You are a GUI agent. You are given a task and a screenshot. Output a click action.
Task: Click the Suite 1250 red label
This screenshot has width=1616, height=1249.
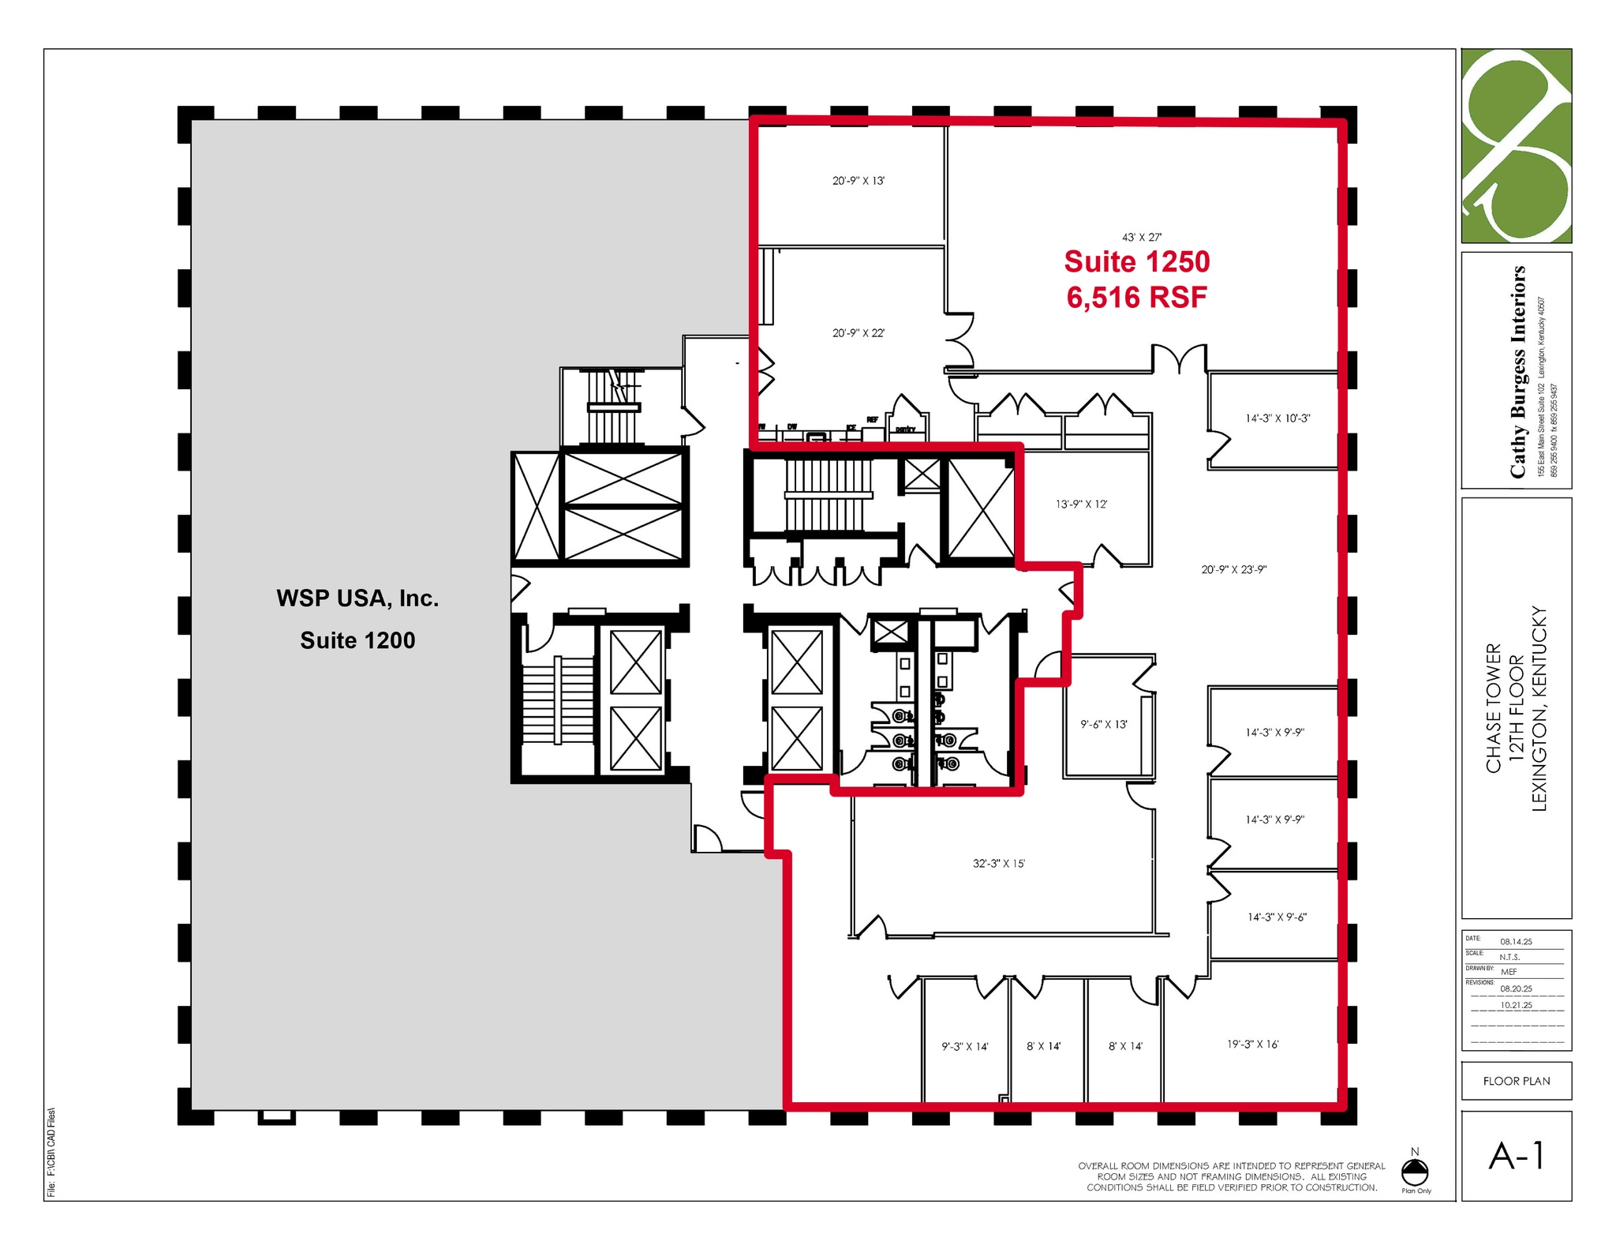pyautogui.click(x=1136, y=262)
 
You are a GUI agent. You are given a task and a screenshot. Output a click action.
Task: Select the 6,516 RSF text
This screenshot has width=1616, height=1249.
pyautogui.click(x=1136, y=298)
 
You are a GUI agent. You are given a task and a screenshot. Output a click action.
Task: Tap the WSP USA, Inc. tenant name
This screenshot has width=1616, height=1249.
pyautogui.click(x=357, y=598)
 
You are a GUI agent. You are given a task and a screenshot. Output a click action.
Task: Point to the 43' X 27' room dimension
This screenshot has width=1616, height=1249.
pyautogui.click(x=1142, y=237)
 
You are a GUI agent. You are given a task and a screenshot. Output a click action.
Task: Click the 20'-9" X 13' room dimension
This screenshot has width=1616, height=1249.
pyautogui.click(x=858, y=181)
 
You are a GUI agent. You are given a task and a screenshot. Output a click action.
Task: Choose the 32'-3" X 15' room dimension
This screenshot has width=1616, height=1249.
pyautogui.click(x=998, y=864)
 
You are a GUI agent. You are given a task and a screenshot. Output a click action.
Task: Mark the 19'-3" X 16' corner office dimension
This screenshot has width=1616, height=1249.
pyautogui.click(x=1252, y=1044)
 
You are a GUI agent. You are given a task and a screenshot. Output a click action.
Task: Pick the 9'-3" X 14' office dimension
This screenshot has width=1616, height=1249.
pyautogui.click(x=964, y=1046)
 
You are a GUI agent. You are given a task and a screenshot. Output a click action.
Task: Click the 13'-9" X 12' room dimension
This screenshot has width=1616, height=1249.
pyautogui.click(x=1081, y=504)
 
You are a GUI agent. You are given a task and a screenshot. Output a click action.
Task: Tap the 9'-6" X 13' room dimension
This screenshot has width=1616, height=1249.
pyautogui.click(x=1104, y=724)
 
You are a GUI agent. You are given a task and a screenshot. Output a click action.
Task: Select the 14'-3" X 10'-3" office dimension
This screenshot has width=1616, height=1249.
pyautogui.click(x=1277, y=418)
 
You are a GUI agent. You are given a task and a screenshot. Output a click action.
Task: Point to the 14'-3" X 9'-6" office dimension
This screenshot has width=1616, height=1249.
pyautogui.click(x=1277, y=917)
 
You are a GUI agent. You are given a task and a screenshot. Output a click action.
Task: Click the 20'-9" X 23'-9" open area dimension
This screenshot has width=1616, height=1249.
pyautogui.click(x=1234, y=569)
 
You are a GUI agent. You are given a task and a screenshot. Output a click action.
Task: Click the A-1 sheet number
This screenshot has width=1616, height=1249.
pyautogui.click(x=1516, y=1157)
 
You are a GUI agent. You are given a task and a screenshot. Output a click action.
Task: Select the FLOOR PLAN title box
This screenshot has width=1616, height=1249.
pyautogui.click(x=1516, y=1081)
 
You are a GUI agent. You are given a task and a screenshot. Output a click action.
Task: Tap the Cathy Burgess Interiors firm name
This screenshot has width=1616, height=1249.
pyautogui.click(x=1517, y=372)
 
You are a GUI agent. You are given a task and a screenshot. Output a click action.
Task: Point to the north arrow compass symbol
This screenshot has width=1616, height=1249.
pyautogui.click(x=1415, y=1171)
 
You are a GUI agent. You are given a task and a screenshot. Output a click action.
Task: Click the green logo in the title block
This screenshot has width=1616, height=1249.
pyautogui.click(x=1516, y=145)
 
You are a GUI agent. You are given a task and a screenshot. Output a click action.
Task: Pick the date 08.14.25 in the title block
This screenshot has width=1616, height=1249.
pyautogui.click(x=1516, y=942)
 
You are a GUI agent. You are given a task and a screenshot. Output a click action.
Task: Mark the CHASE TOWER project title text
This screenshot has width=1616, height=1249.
pyautogui.click(x=1493, y=708)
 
